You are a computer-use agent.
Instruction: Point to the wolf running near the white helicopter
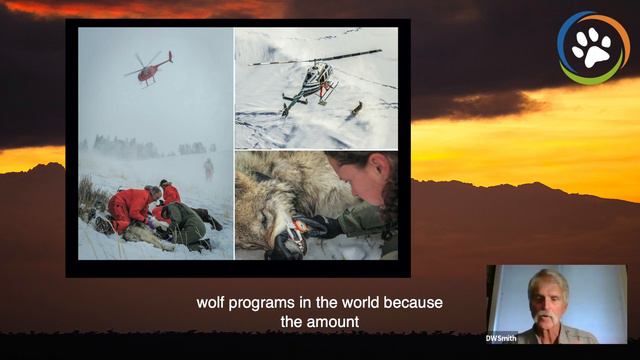tap(355, 107)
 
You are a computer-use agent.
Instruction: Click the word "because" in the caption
tap(417, 302)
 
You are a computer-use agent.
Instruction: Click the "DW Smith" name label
tap(502, 336)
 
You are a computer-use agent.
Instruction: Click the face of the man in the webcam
tap(548, 300)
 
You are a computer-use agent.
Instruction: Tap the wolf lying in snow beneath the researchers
tap(140, 237)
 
